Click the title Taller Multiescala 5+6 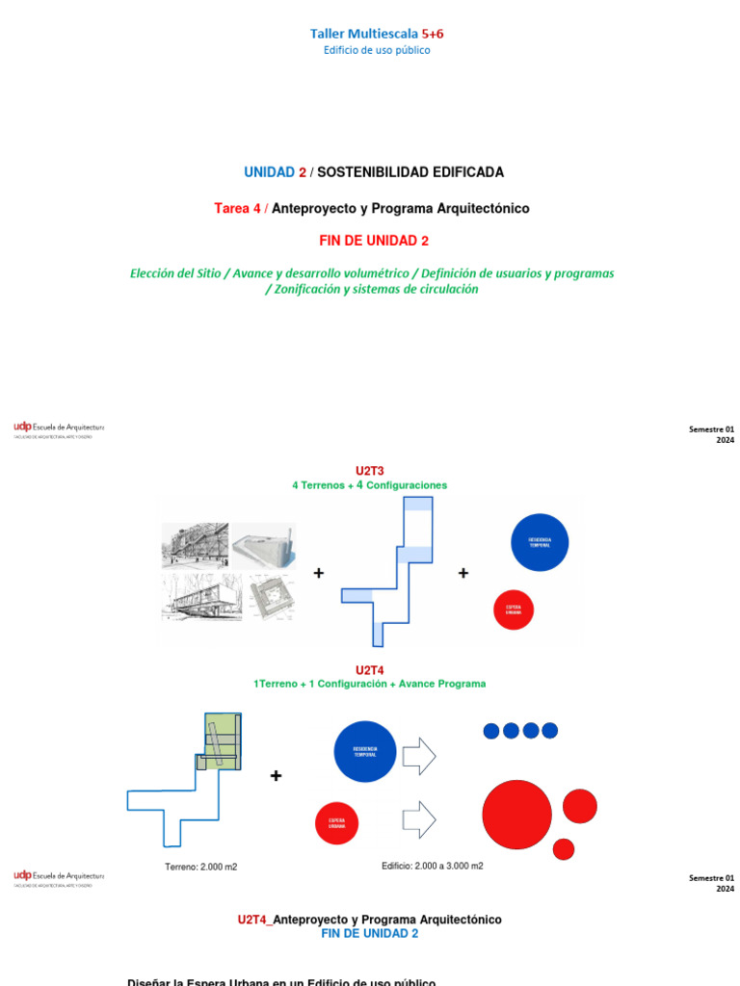(x=377, y=34)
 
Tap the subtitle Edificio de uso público (x=377, y=51)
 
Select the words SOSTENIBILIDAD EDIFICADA (x=410, y=172)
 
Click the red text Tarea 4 (x=237, y=208)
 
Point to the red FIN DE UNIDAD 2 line (x=374, y=241)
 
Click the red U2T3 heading (x=370, y=471)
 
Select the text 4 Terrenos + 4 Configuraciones (x=370, y=485)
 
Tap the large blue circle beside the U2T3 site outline (x=540, y=542)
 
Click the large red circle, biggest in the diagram (x=517, y=815)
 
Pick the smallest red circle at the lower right (x=564, y=849)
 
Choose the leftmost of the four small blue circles (x=491, y=731)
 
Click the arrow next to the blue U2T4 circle (x=419, y=756)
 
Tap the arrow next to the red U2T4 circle (x=419, y=820)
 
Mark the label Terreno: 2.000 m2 (x=200, y=867)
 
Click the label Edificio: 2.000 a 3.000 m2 (x=433, y=866)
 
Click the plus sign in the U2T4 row (x=277, y=776)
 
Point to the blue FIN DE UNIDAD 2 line (x=370, y=934)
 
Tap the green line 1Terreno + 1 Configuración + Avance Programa (x=370, y=684)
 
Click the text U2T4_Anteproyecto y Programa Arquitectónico (x=370, y=920)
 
